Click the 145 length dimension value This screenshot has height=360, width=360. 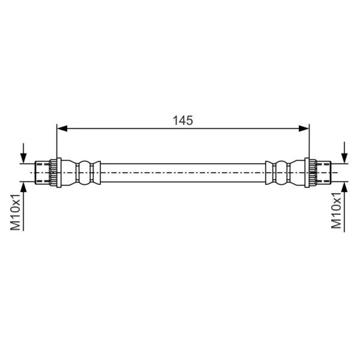(x=183, y=120)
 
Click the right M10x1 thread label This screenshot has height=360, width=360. (x=336, y=210)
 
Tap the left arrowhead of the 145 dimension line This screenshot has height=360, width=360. (x=62, y=129)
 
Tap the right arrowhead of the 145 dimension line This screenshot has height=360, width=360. (x=304, y=129)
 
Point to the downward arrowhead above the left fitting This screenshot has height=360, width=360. (x=23, y=158)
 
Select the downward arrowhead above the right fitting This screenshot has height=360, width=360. (x=345, y=158)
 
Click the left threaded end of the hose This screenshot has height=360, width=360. (x=42, y=173)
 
